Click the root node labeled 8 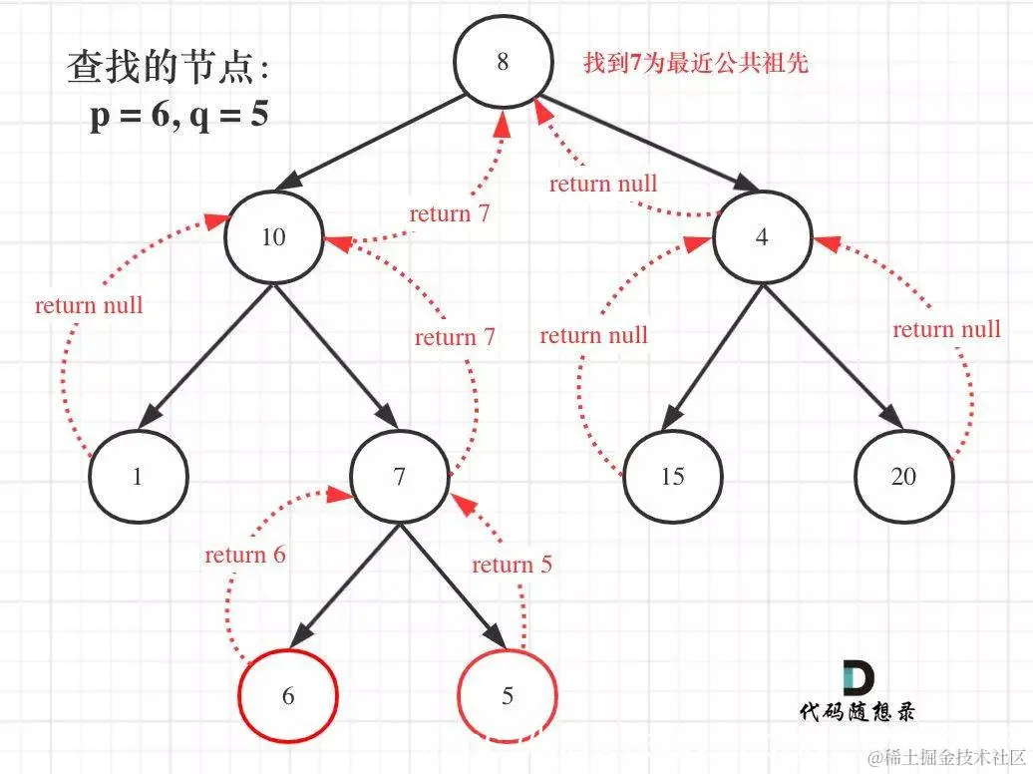(503, 62)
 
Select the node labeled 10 (273, 237)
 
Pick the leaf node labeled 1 (138, 477)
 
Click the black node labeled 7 (399, 477)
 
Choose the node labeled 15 (672, 477)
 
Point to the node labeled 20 (902, 477)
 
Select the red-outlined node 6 (288, 695)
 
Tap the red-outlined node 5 (507, 695)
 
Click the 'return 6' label (245, 555)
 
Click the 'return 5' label (512, 566)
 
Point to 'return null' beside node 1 (89, 305)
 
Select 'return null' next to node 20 (946, 329)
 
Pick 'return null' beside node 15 (593, 335)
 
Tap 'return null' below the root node (603, 184)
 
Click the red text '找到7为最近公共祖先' (695, 64)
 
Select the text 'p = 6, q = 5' (179, 116)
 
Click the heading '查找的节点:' (168, 68)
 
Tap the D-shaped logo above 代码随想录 (857, 678)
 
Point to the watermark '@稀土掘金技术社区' (946, 758)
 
